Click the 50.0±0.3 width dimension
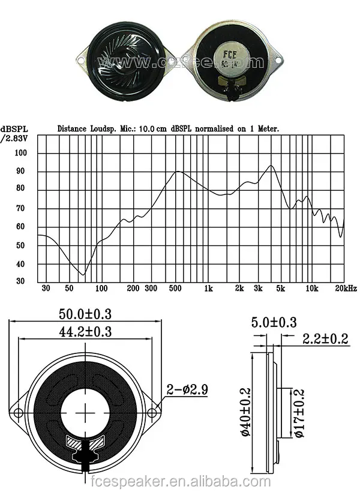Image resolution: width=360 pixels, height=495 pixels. [86, 314]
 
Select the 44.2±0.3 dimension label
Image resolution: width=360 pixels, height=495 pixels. [86, 331]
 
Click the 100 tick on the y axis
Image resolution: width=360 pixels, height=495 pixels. [21, 153]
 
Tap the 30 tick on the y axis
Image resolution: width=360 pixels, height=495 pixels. [21, 281]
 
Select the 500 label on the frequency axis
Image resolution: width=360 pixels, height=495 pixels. [176, 289]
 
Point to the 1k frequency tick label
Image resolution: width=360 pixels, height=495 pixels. [208, 289]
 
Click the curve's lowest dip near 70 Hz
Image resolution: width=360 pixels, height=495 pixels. [83, 274]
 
